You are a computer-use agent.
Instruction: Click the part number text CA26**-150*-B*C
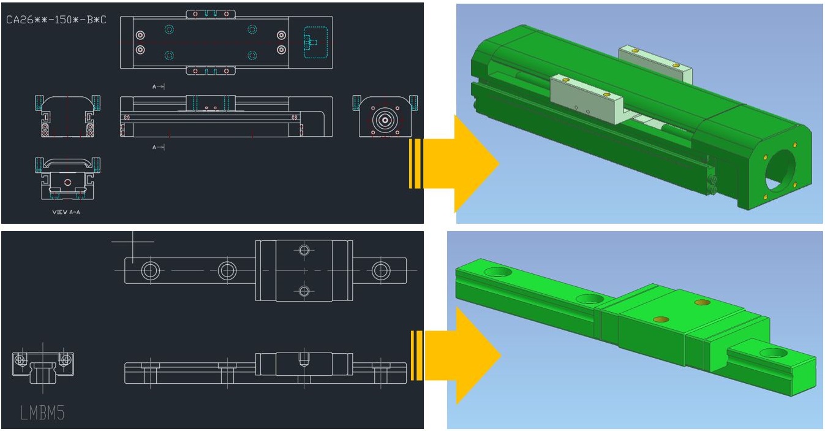(x=56, y=20)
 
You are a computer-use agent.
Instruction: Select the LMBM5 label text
(x=42, y=413)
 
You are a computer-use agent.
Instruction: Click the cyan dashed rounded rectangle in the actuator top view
(x=316, y=42)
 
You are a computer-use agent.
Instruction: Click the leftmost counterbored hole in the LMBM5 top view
(x=150, y=270)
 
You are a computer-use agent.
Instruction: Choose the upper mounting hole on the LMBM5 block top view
(x=304, y=250)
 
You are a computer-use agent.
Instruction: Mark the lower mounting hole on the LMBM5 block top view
(x=304, y=291)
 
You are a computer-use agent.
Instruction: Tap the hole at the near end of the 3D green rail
(x=773, y=354)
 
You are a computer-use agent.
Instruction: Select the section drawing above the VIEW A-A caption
(x=67, y=178)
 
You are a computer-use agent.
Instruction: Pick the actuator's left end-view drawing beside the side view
(x=67, y=116)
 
